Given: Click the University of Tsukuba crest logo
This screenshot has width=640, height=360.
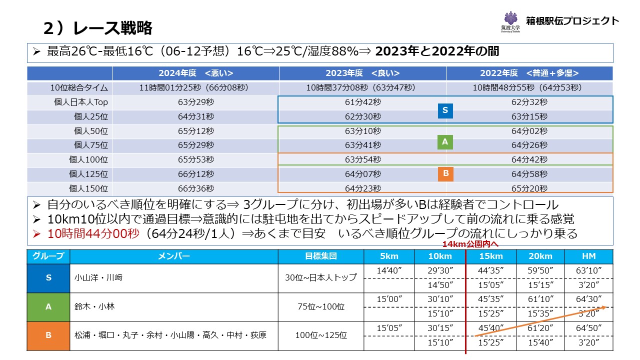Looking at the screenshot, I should [x=510, y=21].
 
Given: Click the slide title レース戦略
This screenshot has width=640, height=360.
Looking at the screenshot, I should [x=98, y=28].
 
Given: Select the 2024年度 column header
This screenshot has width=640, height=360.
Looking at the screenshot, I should [x=196, y=73].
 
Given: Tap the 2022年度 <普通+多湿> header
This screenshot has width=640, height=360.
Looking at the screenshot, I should [x=529, y=73].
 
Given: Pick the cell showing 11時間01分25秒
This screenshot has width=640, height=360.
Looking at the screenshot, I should [x=196, y=88].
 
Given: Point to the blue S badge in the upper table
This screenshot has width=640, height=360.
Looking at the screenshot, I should [x=445, y=110].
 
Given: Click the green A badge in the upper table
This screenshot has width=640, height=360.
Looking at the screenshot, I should [x=445, y=142].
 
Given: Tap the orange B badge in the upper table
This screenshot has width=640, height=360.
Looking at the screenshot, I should [x=445, y=173].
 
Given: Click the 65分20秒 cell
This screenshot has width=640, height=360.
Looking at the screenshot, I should [x=529, y=188].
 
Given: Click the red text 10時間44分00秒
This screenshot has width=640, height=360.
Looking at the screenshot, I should [x=93, y=233].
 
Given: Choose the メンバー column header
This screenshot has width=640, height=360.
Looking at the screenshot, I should [x=174, y=256].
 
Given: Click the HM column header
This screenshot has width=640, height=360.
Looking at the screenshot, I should [x=589, y=256].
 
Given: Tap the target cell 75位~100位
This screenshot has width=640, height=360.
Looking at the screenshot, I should [x=321, y=306].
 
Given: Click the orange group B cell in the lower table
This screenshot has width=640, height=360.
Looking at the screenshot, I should [x=48, y=335].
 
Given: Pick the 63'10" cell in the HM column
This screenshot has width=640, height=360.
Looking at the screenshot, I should [x=589, y=270].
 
